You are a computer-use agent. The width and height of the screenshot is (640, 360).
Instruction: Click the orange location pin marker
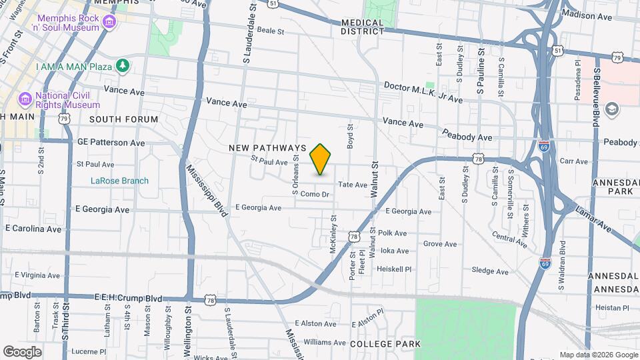tap(321, 159)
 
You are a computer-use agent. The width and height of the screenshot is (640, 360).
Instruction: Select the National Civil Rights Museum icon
tap(25, 100)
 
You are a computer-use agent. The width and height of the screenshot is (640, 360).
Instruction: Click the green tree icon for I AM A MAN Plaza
tap(122, 65)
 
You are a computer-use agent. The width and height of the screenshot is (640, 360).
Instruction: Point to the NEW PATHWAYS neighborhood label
tap(267, 147)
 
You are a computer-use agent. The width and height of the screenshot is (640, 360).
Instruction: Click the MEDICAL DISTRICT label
tap(362, 27)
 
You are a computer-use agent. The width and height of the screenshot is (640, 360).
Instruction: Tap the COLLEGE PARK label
tap(385, 343)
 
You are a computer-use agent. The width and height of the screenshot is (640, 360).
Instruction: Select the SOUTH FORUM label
tap(123, 119)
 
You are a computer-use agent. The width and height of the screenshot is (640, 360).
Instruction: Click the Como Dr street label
tap(315, 194)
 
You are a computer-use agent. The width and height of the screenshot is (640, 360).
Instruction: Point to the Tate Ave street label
tap(353, 185)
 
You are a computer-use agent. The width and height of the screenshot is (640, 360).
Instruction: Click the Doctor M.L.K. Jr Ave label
tap(423, 93)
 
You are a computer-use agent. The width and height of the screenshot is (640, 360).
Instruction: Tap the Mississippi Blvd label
tap(207, 190)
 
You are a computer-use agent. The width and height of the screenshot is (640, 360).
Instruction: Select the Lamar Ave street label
tap(595, 217)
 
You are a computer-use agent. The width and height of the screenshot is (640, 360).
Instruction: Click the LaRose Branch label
tap(120, 181)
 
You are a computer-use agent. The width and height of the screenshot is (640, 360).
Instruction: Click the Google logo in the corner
tap(23, 351)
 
